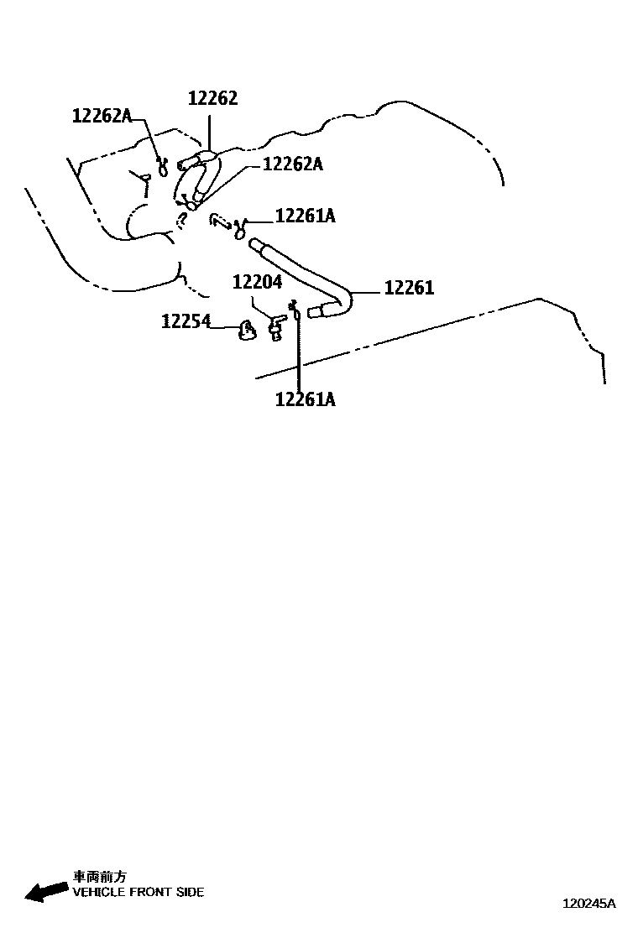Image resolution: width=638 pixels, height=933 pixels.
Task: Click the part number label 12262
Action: (x=212, y=98)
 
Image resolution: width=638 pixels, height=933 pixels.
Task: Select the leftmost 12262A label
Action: (x=102, y=116)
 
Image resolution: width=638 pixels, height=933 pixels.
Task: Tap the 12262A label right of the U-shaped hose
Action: (x=292, y=164)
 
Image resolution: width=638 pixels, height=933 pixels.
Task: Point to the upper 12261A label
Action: (x=305, y=216)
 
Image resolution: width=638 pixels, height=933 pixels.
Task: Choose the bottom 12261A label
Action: (x=305, y=399)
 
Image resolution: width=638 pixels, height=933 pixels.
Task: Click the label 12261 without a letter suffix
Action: (x=409, y=288)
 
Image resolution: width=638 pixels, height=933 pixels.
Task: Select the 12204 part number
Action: (x=257, y=283)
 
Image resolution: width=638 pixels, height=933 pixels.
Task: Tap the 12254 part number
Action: (x=186, y=321)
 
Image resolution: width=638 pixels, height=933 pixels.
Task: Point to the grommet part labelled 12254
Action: (x=244, y=331)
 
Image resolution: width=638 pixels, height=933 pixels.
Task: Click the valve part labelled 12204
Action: (x=275, y=326)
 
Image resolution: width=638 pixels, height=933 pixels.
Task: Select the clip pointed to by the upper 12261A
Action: (x=241, y=227)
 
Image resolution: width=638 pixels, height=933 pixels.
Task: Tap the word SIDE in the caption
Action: (x=189, y=893)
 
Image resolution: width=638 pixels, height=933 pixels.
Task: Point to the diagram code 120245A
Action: (x=588, y=904)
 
